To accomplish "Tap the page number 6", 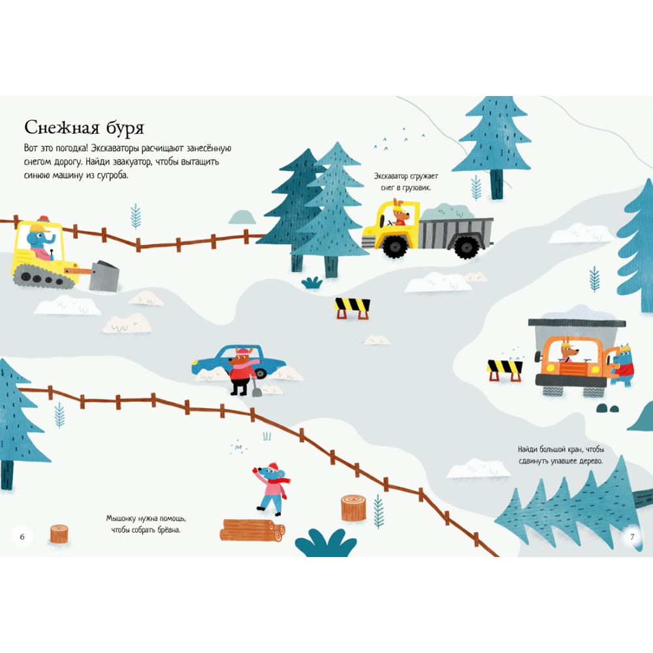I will click(22, 537).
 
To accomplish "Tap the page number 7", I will click(631, 537).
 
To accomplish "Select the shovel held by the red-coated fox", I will click(257, 389).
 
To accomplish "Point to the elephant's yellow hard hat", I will click(40, 228).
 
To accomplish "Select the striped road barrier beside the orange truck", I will click(504, 368).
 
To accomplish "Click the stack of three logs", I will click(252, 530).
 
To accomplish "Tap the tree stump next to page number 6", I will click(59, 534).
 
